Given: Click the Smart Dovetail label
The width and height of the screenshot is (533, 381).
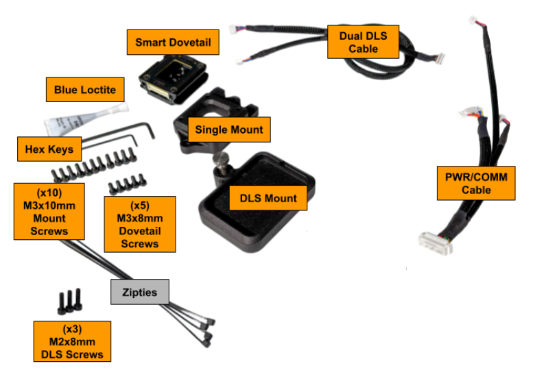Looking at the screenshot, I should click(x=173, y=42).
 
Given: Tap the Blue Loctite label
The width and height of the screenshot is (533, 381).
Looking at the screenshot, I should click(x=85, y=90).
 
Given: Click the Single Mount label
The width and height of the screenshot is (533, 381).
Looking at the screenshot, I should click(x=229, y=130).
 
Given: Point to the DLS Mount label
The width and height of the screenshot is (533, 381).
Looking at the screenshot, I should click(x=268, y=199).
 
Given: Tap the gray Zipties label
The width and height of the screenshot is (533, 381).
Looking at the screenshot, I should click(x=140, y=293).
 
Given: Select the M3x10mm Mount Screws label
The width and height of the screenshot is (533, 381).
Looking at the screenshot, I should click(x=49, y=210).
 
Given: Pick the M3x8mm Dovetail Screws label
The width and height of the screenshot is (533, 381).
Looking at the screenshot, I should click(x=139, y=223).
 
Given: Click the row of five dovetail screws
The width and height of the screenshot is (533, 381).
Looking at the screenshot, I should click(x=127, y=183).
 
